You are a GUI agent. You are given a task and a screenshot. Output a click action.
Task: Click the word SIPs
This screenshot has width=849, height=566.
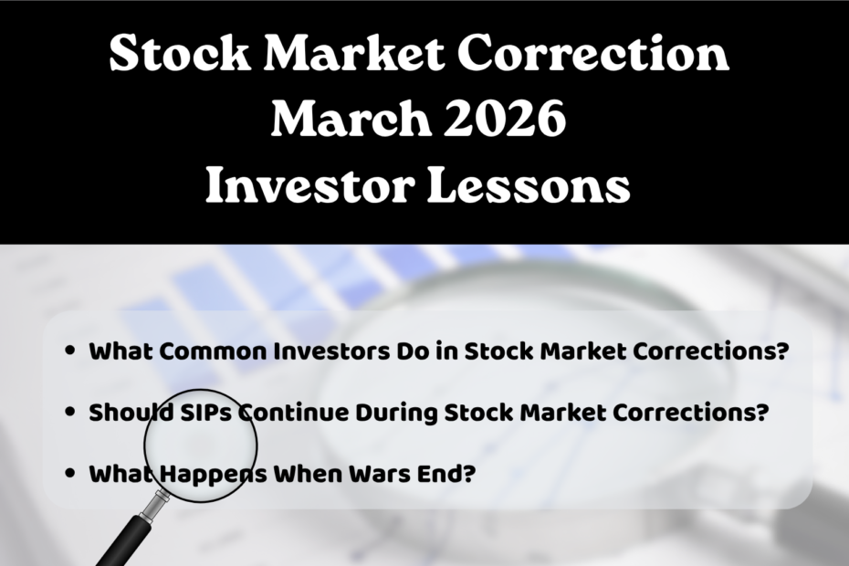click(x=195, y=413)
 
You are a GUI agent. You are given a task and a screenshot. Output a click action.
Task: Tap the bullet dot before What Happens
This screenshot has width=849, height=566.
click(x=70, y=475)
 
